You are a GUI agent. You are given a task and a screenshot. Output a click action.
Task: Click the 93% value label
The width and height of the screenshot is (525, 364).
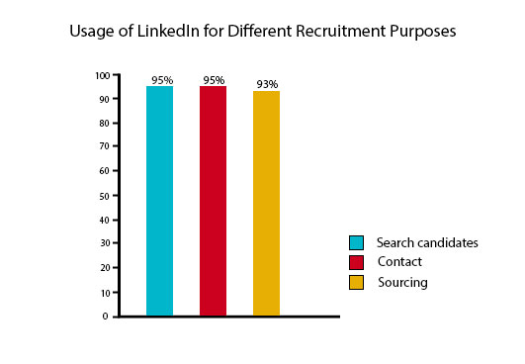coord(266,84)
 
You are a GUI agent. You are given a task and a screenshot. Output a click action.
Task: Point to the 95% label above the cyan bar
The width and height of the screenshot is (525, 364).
coord(160,80)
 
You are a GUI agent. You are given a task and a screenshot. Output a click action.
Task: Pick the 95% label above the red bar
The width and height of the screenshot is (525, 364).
coord(213,80)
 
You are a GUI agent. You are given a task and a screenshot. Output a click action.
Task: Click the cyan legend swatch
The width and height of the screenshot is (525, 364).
coord(357,242)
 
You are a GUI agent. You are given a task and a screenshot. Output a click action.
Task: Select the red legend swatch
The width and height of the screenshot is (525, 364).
coord(357,262)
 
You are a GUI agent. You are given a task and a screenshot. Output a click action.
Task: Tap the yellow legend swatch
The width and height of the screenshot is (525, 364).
coord(357,283)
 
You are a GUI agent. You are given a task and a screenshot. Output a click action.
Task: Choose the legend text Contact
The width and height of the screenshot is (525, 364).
coord(399,262)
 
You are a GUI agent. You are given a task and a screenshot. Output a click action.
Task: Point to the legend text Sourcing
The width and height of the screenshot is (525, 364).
coord(403,283)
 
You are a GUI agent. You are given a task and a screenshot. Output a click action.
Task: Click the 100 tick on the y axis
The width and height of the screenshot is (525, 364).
coord(103,75)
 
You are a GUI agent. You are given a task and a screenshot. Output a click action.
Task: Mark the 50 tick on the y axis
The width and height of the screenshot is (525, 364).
coord(105,196)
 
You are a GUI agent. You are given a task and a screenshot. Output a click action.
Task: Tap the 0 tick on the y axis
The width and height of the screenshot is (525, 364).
coord(108,317)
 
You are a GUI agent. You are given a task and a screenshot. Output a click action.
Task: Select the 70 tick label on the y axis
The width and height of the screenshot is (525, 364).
coord(105,147)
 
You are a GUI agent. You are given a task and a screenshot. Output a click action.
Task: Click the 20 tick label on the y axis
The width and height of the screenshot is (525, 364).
coord(105,268)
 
